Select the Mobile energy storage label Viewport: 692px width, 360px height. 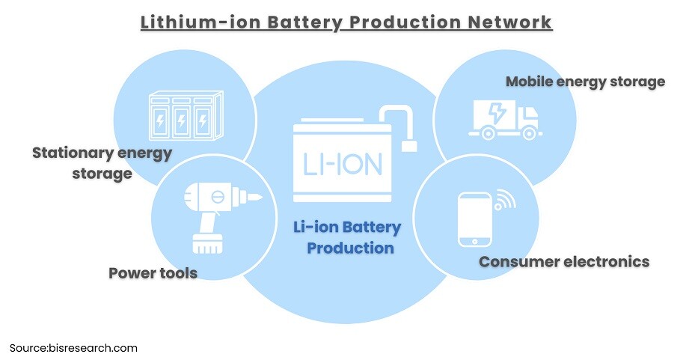[x=585, y=81]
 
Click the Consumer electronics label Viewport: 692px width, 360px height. [x=563, y=261]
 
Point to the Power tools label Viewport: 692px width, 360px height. [x=153, y=272]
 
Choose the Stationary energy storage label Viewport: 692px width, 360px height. [x=102, y=163]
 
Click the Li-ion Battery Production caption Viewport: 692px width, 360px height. [x=346, y=237]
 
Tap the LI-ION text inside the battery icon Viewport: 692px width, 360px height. [x=343, y=164]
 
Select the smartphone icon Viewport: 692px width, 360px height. [x=474, y=219]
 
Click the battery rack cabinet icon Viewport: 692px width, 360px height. [x=186, y=115]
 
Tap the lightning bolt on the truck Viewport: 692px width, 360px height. [x=496, y=113]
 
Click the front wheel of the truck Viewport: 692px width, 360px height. [x=530, y=133]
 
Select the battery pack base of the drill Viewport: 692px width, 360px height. [x=207, y=243]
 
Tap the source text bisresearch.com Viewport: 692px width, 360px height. [x=93, y=348]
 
